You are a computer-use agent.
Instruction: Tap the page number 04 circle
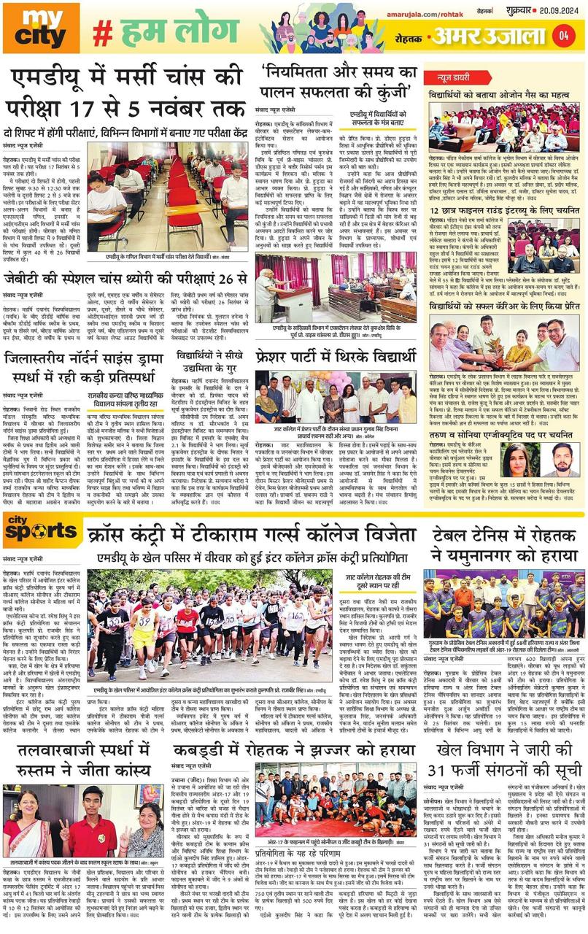(x=563, y=34)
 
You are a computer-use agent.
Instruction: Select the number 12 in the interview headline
(x=437, y=212)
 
